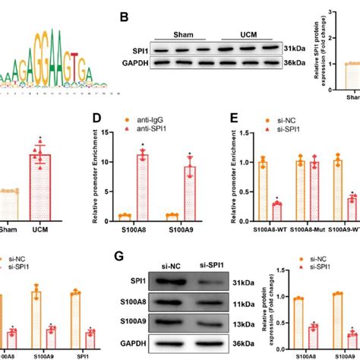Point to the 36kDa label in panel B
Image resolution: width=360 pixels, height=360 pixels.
coord(295,66)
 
